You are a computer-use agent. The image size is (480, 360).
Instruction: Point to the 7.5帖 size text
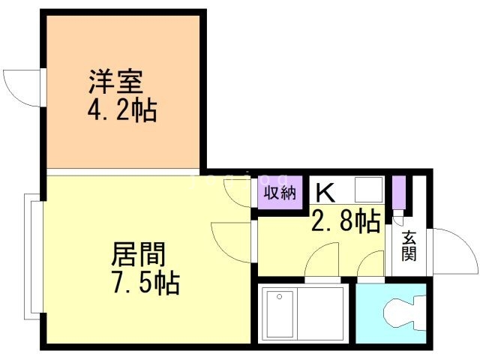point(143,283)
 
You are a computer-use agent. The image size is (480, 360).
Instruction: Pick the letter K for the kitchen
point(325,193)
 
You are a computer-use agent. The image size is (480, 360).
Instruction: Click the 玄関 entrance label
point(409,245)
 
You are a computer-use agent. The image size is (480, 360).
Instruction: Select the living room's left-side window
point(31,254)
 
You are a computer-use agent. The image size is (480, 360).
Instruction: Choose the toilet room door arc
point(370,265)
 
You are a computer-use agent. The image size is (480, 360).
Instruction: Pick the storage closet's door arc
point(241,194)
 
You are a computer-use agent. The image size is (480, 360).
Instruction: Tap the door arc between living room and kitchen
point(233,241)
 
